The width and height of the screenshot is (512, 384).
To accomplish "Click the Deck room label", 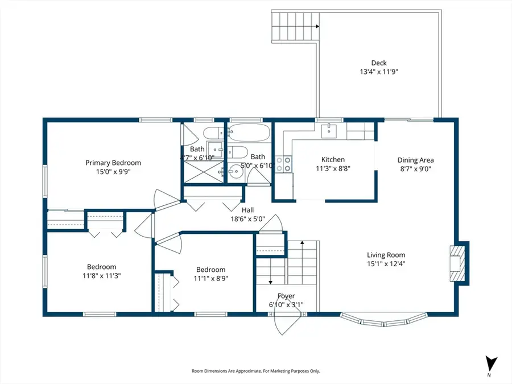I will click(378, 63).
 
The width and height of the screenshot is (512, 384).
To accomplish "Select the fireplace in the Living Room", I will click(459, 263).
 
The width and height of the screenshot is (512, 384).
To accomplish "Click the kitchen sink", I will click(329, 131).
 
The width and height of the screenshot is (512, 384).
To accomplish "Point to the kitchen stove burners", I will click(284, 164).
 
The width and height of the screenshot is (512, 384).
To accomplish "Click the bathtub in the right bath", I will click(248, 134).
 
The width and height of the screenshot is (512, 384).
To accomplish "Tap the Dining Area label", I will click(415, 160).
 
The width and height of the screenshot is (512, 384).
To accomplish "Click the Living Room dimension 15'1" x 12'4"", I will click(386, 263).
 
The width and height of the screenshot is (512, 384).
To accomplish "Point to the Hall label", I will click(247, 209).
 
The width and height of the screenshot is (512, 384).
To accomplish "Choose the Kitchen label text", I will click(333, 160).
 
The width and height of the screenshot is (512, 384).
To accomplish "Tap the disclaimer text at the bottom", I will click(255, 371).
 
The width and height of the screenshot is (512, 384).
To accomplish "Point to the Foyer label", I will click(286, 296).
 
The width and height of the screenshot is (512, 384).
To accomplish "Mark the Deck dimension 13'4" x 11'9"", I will click(378, 72).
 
